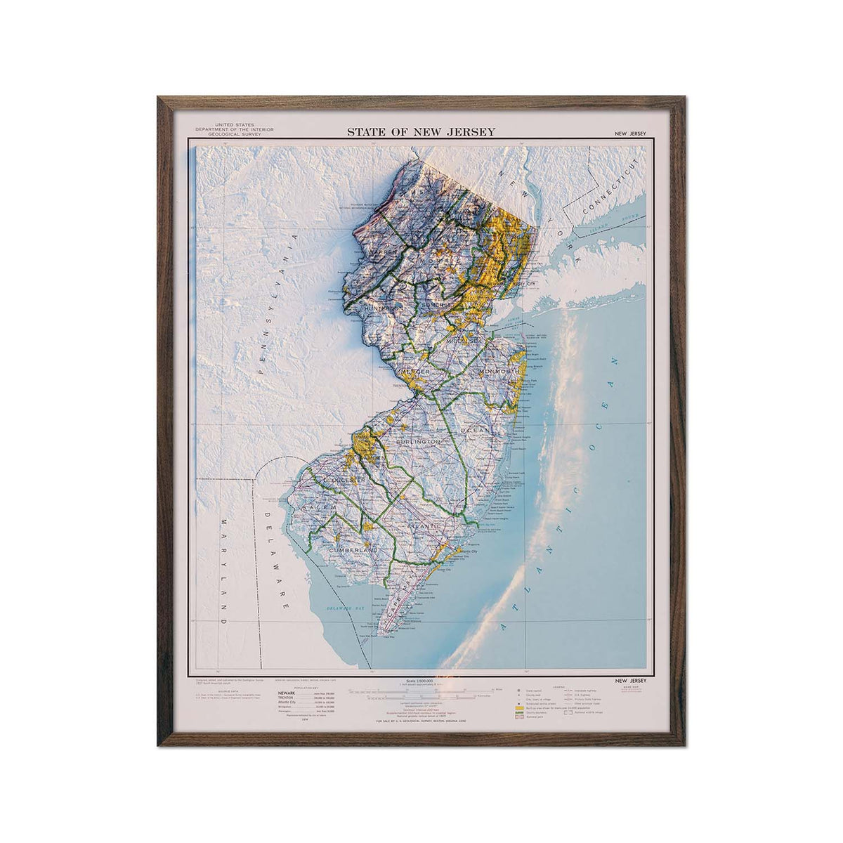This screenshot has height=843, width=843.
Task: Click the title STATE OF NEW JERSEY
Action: click(421, 131)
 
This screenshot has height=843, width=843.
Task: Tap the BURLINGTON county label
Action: click(419, 441)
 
